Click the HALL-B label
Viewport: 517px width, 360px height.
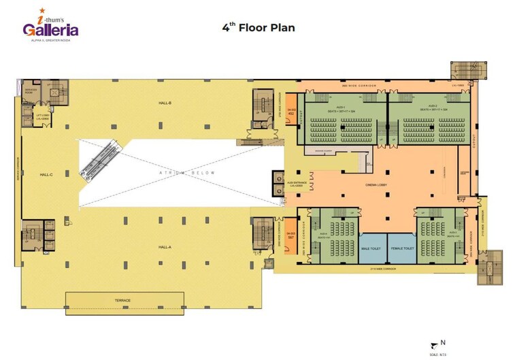click(165, 103)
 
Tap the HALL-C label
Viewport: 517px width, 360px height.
click(46, 175)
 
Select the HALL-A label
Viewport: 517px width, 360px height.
click(165, 246)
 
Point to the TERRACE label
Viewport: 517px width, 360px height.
click(123, 300)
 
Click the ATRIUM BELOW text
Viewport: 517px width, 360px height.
click(187, 174)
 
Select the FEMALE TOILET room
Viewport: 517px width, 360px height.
click(402, 249)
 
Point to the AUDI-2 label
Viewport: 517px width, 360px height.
click(433, 108)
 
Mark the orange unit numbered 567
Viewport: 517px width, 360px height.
click(290, 236)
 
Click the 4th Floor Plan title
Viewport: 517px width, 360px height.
click(258, 28)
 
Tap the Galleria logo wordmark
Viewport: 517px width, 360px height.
click(51, 30)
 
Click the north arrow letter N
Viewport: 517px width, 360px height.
click(443, 343)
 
